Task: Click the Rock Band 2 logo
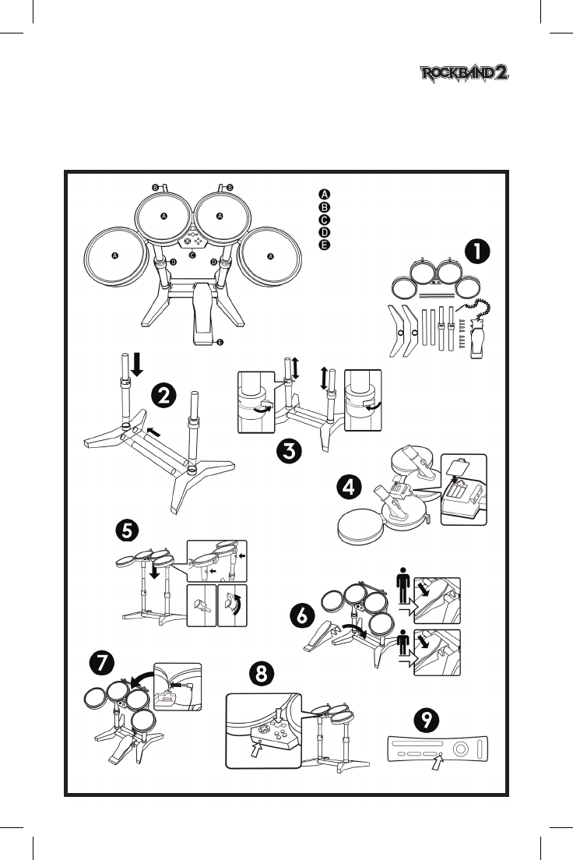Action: click(466, 75)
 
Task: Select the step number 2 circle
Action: click(163, 396)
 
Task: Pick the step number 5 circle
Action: click(128, 530)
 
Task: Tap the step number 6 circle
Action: click(302, 615)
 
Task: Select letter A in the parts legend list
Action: click(325, 194)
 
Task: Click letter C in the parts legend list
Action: click(325, 220)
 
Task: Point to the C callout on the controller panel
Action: click(192, 255)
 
